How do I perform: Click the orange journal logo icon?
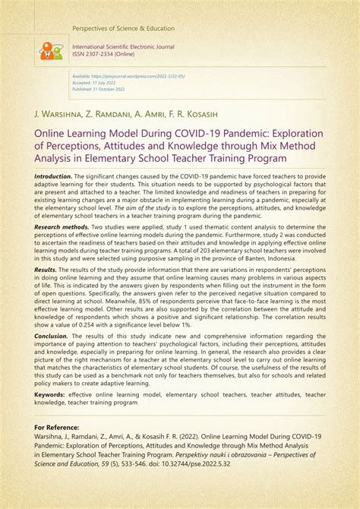tap(52, 52)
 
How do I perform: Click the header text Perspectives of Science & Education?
tap(124, 29)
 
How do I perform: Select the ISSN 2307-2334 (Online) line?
tap(107, 53)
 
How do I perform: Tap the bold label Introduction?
tap(52, 175)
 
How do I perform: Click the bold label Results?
tap(45, 270)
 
